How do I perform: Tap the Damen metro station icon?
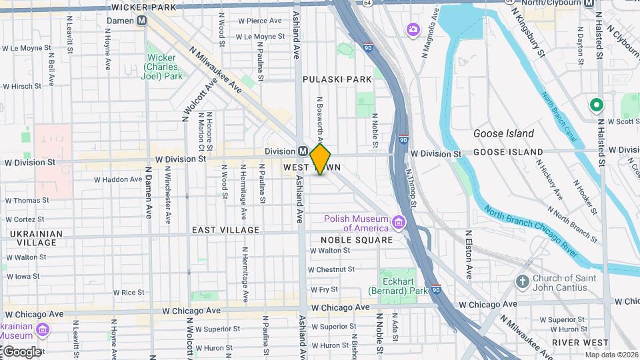click(141, 21)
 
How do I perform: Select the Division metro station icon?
click(303, 151)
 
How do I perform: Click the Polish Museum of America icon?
click(399, 221)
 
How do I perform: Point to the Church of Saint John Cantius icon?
click(523, 281)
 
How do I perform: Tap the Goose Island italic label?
click(503, 133)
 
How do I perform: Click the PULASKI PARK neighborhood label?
click(337, 79)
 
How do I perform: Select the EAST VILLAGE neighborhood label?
click(225, 230)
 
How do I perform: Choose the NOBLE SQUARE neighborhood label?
click(356, 240)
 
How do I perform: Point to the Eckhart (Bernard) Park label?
click(397, 286)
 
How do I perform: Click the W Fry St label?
click(325, 289)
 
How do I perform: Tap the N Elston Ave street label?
click(469, 254)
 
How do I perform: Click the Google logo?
click(21, 351)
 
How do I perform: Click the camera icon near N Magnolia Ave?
click(413, 29)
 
